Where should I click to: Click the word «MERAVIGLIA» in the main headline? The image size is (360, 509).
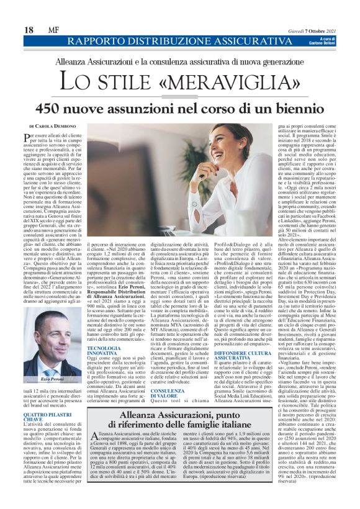(225, 82)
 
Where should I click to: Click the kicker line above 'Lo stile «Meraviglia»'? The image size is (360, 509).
(180, 62)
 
